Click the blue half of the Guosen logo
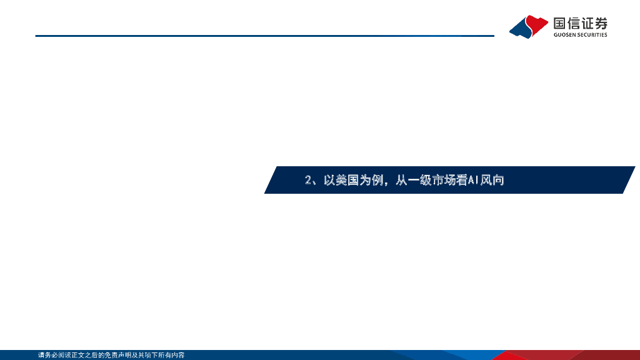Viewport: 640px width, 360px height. [521, 29]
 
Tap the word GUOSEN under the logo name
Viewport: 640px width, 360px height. [566, 35]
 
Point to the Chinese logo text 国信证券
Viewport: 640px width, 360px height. [580, 24]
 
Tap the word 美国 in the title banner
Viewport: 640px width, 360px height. [346, 181]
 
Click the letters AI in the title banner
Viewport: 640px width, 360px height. [473, 181]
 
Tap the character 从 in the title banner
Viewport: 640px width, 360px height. [402, 181]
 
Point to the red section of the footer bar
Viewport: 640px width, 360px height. [550, 355]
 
